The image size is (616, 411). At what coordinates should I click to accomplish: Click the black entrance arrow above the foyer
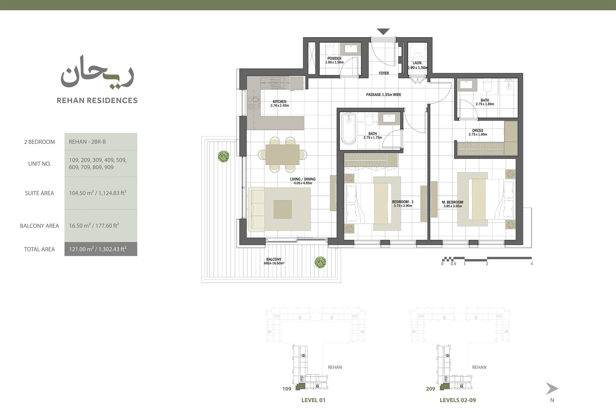(384, 31)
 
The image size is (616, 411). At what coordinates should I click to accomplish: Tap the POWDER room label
(334, 58)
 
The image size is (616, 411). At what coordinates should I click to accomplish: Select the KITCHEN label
(280, 101)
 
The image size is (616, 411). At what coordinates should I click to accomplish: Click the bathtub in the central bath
(348, 129)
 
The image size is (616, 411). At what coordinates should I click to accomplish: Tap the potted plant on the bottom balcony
(321, 262)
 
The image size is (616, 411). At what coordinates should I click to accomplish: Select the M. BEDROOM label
(453, 202)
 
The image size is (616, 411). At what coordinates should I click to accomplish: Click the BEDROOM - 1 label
(403, 202)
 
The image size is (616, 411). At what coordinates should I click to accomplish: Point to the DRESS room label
(478, 130)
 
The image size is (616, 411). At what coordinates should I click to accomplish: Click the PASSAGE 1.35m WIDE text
(384, 95)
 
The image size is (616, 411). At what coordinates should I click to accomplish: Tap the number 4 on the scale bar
(532, 264)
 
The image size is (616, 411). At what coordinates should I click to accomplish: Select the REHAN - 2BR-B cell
(101, 141)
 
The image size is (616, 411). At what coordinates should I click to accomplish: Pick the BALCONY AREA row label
(40, 226)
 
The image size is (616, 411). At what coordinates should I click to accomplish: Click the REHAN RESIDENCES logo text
(97, 100)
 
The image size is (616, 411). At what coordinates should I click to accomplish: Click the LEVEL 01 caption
(313, 400)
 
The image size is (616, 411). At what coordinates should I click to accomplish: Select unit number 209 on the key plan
(430, 389)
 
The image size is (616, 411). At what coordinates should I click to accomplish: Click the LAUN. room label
(418, 63)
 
